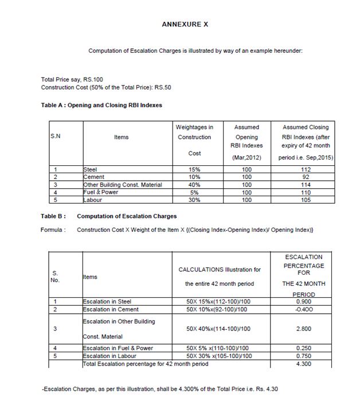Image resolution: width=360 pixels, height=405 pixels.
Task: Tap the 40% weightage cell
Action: point(194,185)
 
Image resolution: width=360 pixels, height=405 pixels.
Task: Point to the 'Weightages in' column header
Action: point(195,127)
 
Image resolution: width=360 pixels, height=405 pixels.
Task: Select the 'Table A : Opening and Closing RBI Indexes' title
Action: point(101,106)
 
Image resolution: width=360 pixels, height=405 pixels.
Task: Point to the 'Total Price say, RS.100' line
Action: point(72,79)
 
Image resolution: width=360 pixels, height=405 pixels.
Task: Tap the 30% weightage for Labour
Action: point(194,200)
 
